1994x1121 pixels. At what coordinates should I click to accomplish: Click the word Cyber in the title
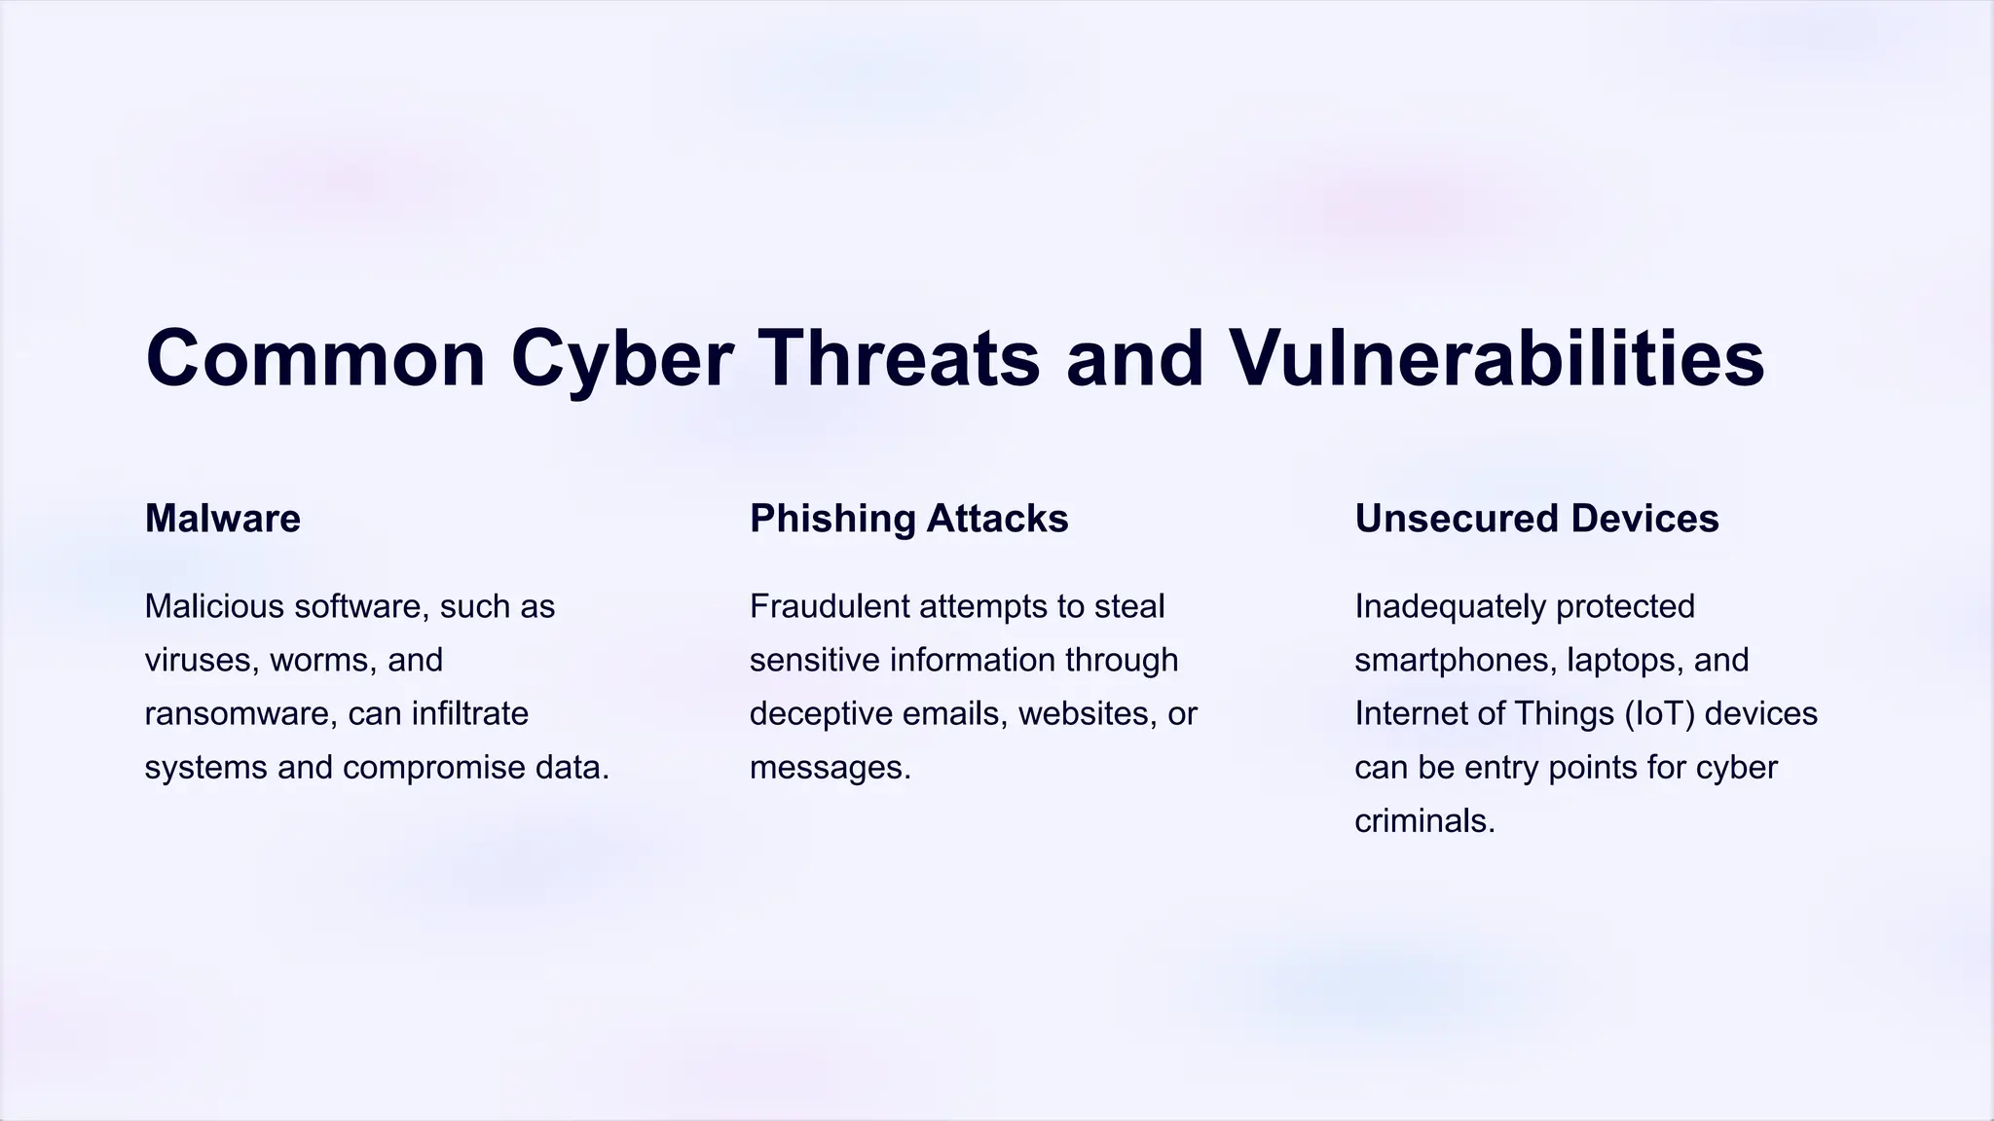(x=621, y=359)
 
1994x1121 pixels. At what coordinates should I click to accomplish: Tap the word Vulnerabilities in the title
(x=1496, y=359)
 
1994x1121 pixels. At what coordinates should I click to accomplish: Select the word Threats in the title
(x=899, y=359)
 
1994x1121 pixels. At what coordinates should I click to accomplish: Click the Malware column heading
(x=223, y=519)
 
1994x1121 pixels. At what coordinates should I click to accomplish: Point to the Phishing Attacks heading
(x=908, y=519)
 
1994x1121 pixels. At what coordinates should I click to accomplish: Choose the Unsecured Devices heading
(x=1536, y=519)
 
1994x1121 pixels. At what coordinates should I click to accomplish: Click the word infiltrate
(x=469, y=714)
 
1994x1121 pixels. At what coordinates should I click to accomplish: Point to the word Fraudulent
(x=829, y=606)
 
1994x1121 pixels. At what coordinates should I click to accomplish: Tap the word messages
(x=830, y=768)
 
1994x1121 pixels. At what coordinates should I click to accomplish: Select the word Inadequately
(x=1450, y=606)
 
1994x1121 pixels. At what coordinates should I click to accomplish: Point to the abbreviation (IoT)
(x=1660, y=714)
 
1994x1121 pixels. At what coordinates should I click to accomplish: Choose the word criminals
(x=1424, y=821)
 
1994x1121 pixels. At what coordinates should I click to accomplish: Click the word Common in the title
(x=315, y=359)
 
